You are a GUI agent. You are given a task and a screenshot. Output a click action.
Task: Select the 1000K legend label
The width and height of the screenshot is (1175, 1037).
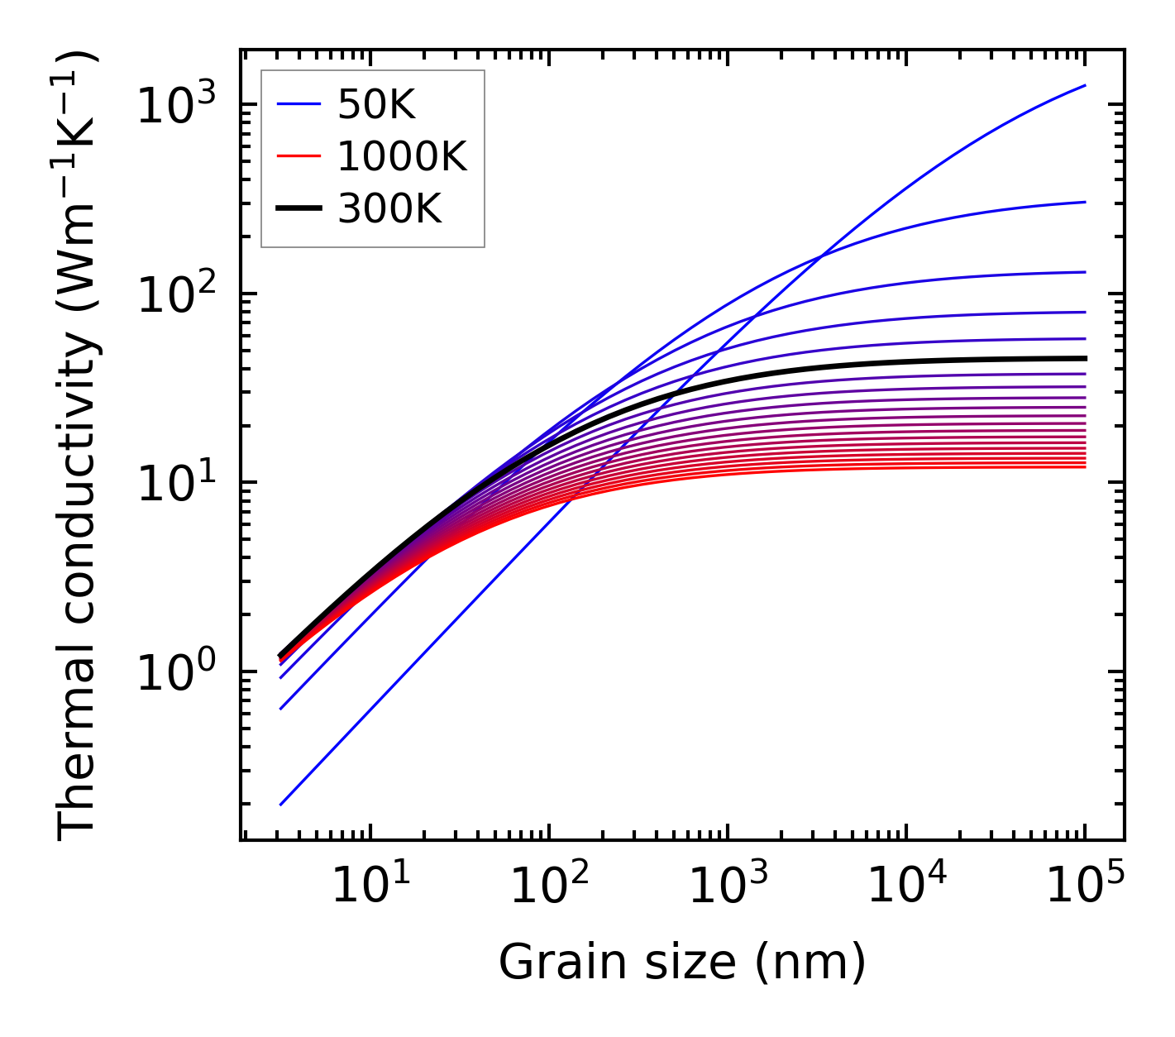[x=402, y=157]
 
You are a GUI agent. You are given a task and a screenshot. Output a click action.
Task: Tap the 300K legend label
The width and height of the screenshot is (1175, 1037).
[x=389, y=210]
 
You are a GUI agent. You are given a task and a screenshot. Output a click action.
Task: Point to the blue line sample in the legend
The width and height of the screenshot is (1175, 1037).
[x=299, y=105]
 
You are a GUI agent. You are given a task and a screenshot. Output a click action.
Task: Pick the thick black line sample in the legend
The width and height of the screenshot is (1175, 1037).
[x=299, y=210]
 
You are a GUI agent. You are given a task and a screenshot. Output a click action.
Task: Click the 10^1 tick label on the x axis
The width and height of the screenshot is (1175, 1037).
[x=370, y=886]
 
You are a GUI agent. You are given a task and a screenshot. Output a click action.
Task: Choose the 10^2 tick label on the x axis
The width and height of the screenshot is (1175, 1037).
[x=548, y=886]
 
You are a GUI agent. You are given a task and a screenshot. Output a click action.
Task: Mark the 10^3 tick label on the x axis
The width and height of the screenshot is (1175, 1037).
[x=727, y=886]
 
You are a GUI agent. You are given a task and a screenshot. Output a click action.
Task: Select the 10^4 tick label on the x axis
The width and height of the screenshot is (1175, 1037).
[x=906, y=886]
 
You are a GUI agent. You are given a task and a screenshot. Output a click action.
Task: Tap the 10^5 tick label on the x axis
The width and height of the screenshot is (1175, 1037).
[x=1085, y=886]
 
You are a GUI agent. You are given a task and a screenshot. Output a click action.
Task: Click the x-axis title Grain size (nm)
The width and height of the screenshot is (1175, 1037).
[x=682, y=963]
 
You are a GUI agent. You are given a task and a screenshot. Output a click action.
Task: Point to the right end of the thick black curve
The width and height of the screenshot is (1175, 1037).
[x=1084, y=358]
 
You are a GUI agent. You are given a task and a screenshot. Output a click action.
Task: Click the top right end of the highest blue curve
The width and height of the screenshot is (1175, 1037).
[x=1084, y=85]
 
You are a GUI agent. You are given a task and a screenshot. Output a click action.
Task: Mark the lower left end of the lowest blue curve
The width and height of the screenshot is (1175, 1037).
[x=281, y=804]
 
